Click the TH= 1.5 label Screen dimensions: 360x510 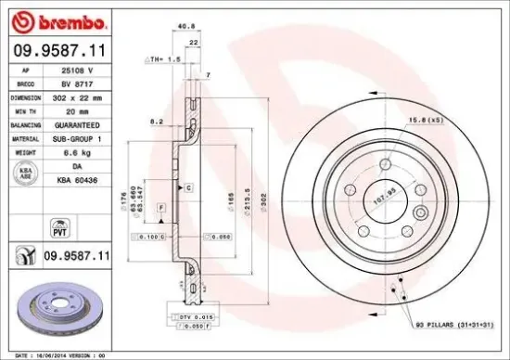[164, 58]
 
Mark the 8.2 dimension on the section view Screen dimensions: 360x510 [158, 121]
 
